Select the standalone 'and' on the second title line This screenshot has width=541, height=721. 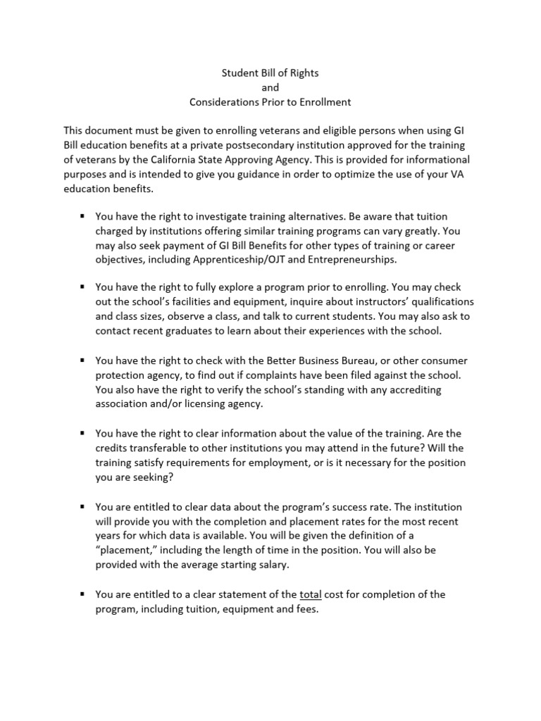click(270, 87)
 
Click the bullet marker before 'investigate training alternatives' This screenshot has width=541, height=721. click(82, 216)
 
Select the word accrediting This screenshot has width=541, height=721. click(396, 389)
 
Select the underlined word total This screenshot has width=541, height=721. click(310, 595)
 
